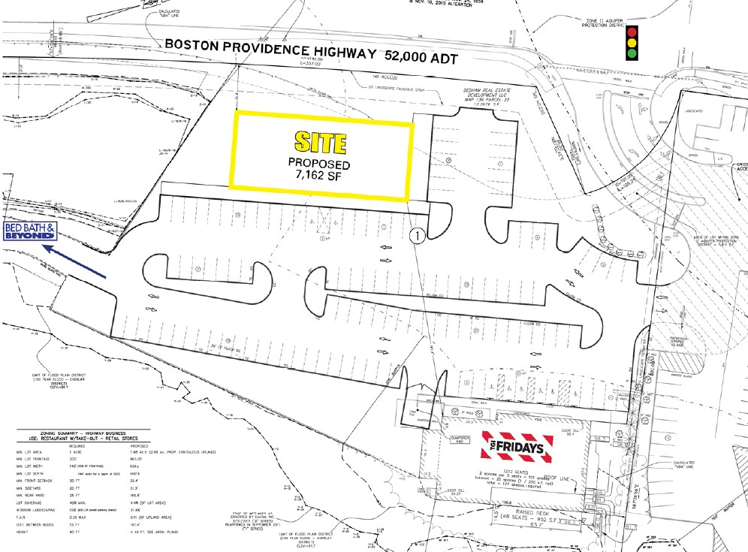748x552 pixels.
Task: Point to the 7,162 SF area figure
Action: [321, 177]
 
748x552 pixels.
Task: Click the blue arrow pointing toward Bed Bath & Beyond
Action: [74, 261]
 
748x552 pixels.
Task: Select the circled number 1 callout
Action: [418, 235]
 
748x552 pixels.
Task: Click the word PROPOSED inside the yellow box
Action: [321, 164]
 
